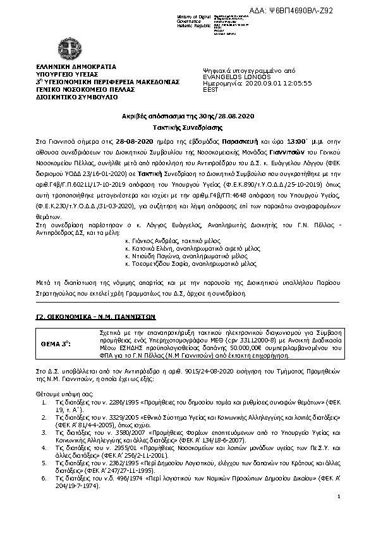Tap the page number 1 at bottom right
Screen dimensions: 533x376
click(339, 514)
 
